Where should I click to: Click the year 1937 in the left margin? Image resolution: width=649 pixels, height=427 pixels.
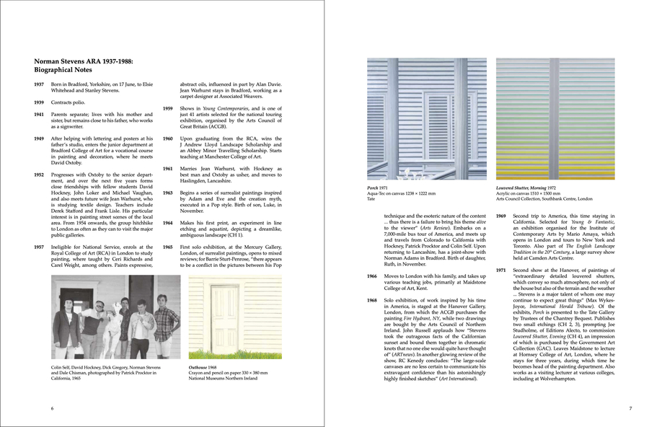(x=40, y=84)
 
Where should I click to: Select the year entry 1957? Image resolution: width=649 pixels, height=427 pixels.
(x=40, y=247)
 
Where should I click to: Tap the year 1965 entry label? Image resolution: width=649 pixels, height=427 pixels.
(x=168, y=247)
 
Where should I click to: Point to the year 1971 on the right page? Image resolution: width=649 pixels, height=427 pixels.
(x=500, y=270)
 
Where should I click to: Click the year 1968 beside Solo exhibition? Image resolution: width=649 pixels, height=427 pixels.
(x=372, y=300)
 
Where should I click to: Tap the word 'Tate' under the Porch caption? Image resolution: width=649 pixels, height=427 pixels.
(x=371, y=198)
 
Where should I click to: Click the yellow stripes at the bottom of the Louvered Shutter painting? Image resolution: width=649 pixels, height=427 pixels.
(x=555, y=173)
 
